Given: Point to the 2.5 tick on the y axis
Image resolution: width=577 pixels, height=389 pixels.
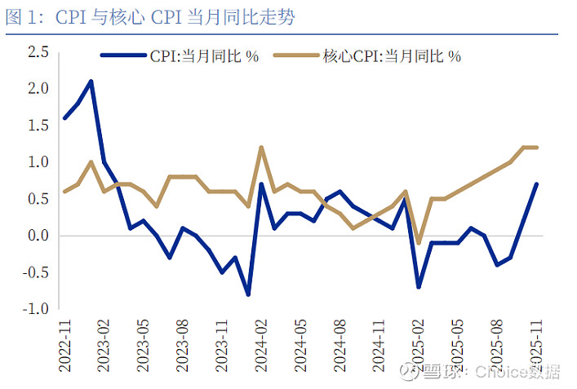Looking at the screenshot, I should coord(38,52).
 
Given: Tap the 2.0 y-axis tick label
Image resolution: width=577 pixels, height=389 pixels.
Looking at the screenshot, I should coord(38,88).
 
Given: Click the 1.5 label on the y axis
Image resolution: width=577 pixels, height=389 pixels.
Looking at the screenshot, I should coord(38,125).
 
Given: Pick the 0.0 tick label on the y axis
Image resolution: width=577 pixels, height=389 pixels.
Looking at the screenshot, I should coord(38,236).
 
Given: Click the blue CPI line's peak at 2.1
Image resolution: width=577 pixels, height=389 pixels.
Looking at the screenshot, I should coord(91,82).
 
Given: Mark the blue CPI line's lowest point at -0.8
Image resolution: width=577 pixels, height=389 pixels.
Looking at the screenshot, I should coord(248,294).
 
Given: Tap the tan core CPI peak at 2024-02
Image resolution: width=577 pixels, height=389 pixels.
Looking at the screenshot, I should coord(261,148).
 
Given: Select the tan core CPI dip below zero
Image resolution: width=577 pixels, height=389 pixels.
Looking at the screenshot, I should coord(419,243).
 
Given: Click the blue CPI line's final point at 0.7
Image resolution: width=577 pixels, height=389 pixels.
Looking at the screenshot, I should coord(536,184).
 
